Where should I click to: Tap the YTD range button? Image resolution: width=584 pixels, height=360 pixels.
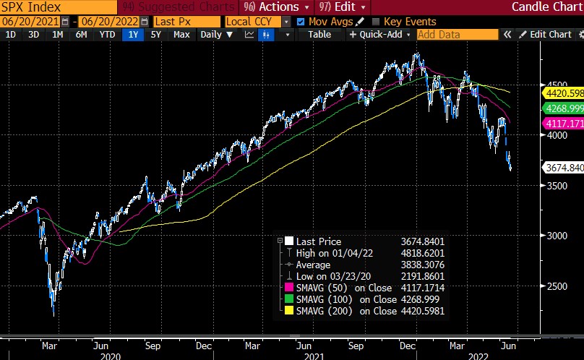coord(106,34)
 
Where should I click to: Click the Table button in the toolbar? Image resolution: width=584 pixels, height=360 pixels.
coord(319,34)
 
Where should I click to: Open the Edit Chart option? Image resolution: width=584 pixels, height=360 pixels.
coord(550,34)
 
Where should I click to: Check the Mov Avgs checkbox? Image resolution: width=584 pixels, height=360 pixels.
coord(301,22)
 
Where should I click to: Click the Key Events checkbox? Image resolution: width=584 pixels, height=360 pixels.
coord(376,22)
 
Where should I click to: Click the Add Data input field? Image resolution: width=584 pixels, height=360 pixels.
coord(457,34)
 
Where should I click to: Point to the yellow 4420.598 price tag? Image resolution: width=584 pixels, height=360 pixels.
coord(563,93)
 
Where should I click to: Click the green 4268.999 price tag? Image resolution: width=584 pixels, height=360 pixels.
coord(563,108)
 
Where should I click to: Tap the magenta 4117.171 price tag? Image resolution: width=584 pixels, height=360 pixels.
coord(563,124)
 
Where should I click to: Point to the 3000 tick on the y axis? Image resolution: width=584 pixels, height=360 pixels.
coord(555,236)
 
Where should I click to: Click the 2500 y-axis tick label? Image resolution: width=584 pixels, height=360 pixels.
coord(555,286)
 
